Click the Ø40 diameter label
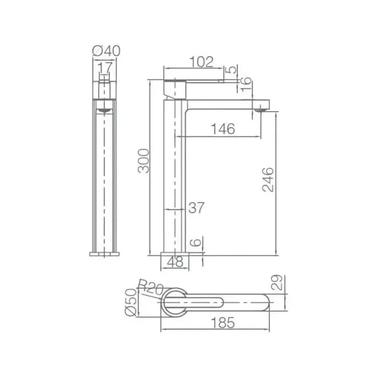[107, 51]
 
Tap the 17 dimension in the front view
[105, 68]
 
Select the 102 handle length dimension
[202, 62]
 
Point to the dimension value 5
[232, 69]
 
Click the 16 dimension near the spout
[246, 84]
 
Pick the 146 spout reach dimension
[223, 129]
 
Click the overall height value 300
[144, 161]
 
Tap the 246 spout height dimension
[268, 180]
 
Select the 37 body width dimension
[197, 207]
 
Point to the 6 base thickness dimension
[196, 242]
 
